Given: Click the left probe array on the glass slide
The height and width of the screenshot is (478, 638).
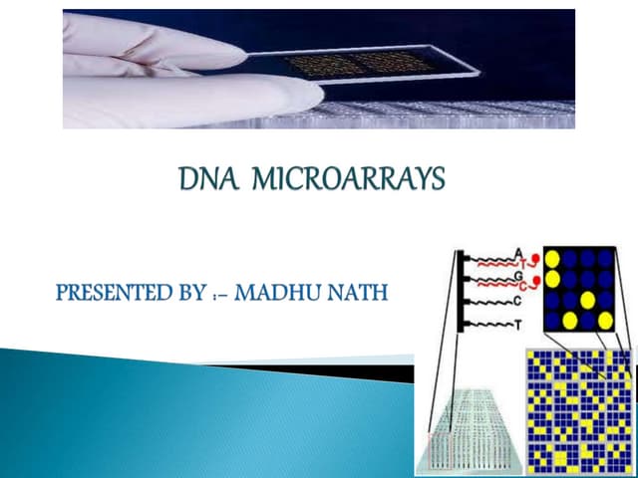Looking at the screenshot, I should click(x=324, y=65).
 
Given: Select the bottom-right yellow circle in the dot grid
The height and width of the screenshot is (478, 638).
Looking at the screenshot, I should click(x=604, y=320).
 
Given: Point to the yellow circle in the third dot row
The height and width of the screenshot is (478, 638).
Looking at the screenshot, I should click(x=586, y=300).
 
